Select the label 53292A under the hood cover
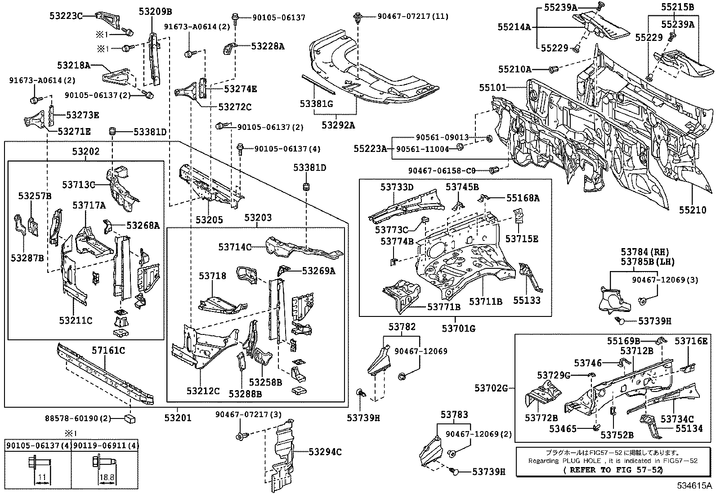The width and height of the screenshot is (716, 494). pos(338,125)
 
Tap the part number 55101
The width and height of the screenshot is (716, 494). pos(492,88)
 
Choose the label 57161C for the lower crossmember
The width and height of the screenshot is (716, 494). pos(108,350)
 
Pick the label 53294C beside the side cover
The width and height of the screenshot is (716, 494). pos(325,452)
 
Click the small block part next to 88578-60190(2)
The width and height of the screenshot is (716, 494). pos(130,419)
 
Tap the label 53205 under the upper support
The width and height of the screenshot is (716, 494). pos(209,220)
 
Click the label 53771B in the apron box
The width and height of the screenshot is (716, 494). pos(443,307)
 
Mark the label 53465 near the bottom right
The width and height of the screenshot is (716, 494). pos(563,429)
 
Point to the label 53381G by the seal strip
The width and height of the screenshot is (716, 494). pos(316,104)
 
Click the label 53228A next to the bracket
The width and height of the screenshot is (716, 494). pos(268,46)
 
